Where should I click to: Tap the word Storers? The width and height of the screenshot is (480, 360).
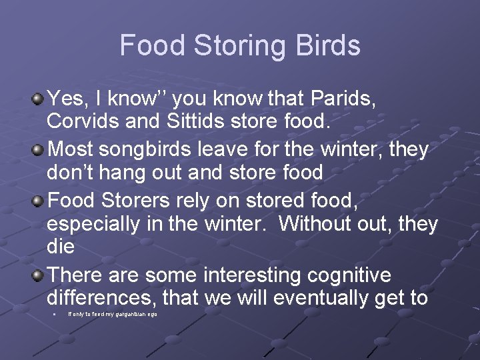pos(142,200)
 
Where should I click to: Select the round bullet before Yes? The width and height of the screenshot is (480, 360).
pos(39,99)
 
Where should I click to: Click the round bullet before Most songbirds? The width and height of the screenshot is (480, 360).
pos(39,149)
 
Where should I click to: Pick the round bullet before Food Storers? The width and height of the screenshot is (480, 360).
pos(39,200)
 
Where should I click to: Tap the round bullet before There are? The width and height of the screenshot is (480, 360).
pos(39,274)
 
